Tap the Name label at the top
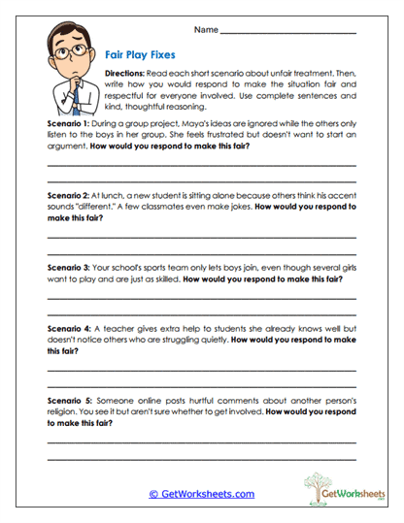pos(206,30)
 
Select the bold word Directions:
pos(126,75)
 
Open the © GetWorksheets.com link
pos(201,494)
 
